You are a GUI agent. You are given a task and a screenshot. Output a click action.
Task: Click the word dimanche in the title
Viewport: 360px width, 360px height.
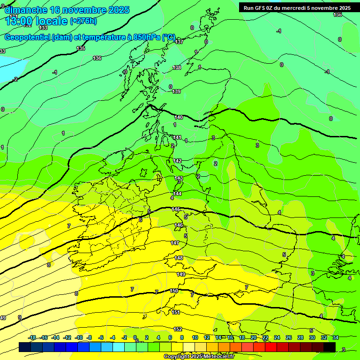(x=26, y=10)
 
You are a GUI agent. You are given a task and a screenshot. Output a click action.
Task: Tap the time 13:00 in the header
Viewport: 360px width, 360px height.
(x=19, y=21)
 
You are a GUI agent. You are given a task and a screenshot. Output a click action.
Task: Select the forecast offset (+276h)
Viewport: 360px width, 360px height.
(x=83, y=21)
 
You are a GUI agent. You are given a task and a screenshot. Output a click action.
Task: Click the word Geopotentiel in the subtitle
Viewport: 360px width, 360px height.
(x=27, y=37)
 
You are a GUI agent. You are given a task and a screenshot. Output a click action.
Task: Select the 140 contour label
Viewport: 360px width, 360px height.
(x=179, y=117)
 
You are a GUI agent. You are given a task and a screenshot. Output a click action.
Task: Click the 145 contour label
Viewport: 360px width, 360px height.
(x=176, y=209)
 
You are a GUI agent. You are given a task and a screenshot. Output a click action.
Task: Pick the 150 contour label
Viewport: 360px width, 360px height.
(x=174, y=291)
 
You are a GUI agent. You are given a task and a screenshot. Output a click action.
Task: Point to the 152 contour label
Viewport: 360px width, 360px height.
(x=178, y=330)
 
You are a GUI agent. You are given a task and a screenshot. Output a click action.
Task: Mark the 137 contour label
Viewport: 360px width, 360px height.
(x=179, y=42)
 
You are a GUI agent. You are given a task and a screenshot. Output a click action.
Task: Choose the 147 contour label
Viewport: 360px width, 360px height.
(x=175, y=243)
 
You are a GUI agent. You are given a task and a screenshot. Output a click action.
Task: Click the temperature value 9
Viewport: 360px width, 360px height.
(x=19, y=317)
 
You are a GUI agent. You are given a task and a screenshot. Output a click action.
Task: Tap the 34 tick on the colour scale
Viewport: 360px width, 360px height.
(x=336, y=337)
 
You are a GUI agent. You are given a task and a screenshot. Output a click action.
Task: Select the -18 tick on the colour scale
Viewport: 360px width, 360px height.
(x=32, y=337)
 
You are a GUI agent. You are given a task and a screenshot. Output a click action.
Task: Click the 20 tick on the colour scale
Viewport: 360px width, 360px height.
(x=254, y=337)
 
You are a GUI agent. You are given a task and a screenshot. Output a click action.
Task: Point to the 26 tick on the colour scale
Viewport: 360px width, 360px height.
(x=289, y=337)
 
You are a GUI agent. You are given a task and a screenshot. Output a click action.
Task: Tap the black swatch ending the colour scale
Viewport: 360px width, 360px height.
(x=330, y=347)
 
